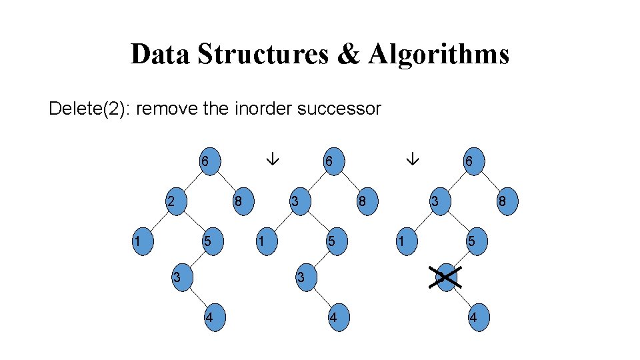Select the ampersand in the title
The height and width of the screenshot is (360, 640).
pos(347,54)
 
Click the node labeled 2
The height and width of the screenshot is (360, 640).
pos(175,201)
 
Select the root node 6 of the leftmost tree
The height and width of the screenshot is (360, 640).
pos(209,162)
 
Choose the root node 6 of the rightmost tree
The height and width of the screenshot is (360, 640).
pos(473,162)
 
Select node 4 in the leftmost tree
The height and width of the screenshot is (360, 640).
pos(211,317)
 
